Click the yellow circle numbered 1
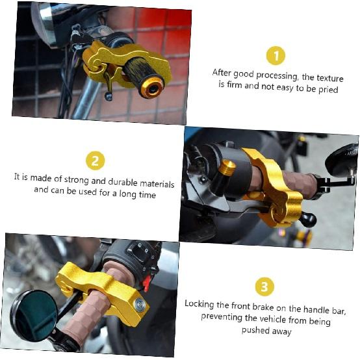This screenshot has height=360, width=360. tap(276, 56)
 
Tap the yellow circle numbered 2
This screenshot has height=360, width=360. tap(96, 161)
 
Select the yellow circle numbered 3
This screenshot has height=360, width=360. tap(264, 287)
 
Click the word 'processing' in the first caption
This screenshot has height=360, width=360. tap(276, 75)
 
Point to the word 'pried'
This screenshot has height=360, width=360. tap(328, 90)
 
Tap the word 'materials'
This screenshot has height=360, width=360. tap(157, 184)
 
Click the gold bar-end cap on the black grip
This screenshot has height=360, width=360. tap(152, 88)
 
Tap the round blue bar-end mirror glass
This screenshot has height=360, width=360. tap(34, 315)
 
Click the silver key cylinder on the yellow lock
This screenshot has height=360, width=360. tap(140, 304)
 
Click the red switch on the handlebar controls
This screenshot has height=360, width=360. tap(146, 282)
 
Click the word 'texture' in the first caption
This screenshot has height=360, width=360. tap(330, 78)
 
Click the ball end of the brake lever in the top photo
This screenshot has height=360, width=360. tap(109, 96)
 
